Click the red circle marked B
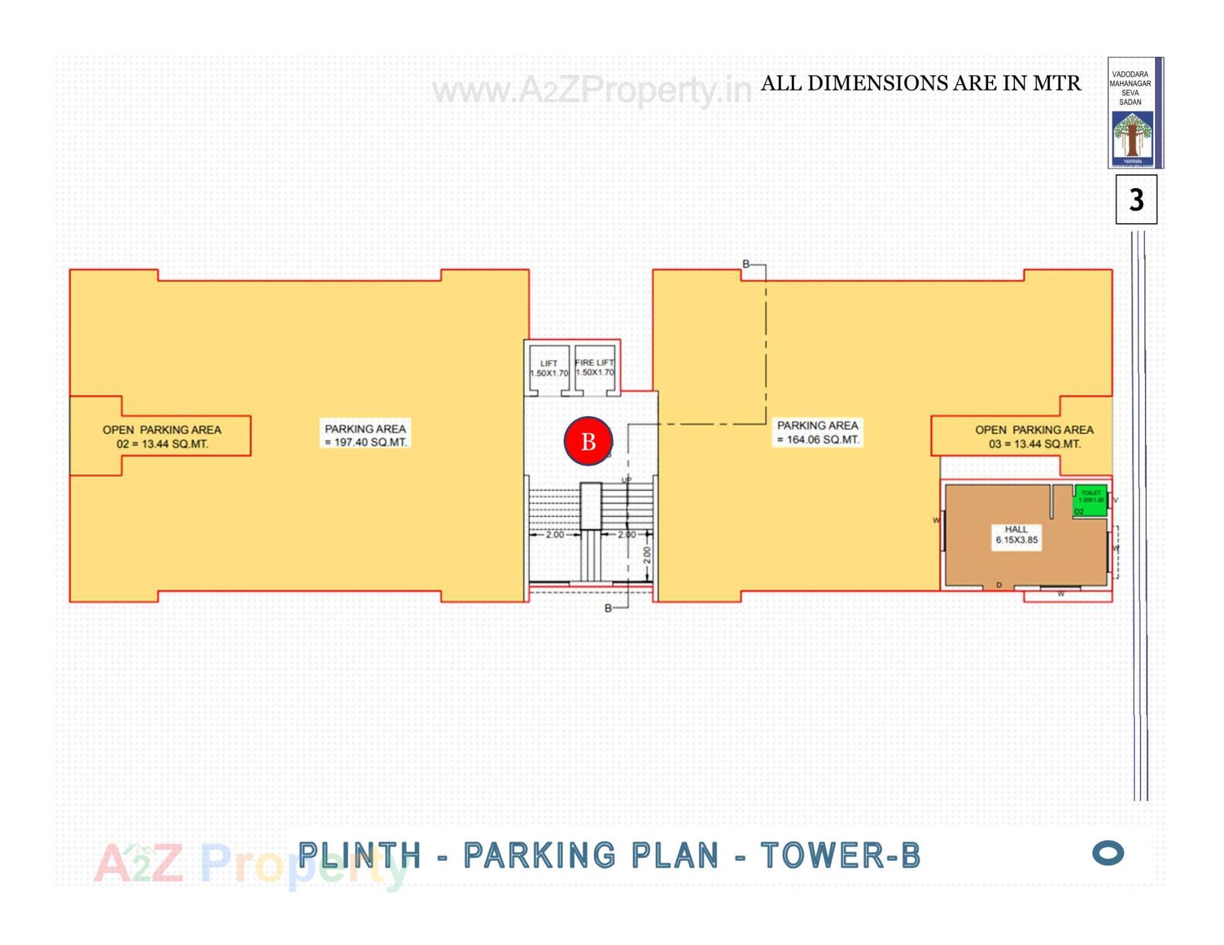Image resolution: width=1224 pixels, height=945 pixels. [588, 441]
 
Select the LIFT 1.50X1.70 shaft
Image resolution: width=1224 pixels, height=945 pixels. [548, 369]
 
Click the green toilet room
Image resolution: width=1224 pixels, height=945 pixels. [1091, 500]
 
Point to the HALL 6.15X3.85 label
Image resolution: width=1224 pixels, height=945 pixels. [1016, 535]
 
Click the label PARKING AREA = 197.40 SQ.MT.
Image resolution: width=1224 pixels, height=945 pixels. [365, 435]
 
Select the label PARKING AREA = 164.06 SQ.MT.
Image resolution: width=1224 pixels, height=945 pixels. [817, 432]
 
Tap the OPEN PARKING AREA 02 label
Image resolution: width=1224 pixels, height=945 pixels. [162, 436]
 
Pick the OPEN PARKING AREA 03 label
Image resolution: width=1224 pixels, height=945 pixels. [1034, 436]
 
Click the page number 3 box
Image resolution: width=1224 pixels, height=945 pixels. [1136, 200]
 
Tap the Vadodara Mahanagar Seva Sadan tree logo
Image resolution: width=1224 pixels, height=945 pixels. [1132, 137]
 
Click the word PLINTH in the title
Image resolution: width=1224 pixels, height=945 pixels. [360, 855]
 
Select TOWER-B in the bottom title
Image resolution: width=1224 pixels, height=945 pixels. [841, 855]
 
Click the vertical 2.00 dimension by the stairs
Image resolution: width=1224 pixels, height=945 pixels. [646, 554]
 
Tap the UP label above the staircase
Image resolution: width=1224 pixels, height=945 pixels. [626, 480]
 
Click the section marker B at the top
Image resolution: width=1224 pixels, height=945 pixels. [746, 264]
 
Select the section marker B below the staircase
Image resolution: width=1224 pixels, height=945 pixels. [608, 609]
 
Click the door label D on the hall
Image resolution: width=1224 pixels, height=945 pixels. [999, 585]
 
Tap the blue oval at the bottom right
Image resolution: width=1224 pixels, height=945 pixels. [1108, 853]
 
